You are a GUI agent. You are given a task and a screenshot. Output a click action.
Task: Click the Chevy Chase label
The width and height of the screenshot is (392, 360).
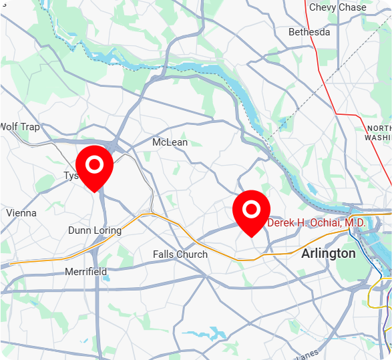point(337,7)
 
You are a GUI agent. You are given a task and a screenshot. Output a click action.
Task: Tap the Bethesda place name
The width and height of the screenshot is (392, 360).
point(309,32)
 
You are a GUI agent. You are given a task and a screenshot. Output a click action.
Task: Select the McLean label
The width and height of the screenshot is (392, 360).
point(170,142)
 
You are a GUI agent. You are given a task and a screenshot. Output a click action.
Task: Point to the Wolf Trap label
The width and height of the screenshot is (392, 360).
point(20,127)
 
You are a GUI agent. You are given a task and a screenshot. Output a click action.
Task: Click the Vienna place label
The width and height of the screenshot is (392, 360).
point(21,213)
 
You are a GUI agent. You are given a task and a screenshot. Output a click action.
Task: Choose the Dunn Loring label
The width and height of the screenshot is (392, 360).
point(95,230)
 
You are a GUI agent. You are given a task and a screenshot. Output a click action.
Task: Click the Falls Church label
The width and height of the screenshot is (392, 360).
point(180,254)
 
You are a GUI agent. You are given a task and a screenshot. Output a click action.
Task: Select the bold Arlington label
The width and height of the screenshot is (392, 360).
point(329,254)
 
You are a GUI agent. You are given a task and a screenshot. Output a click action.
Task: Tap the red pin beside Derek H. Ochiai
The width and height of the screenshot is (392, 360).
point(251,212)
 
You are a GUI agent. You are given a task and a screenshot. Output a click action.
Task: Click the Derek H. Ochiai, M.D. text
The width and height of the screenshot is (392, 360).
point(316,222)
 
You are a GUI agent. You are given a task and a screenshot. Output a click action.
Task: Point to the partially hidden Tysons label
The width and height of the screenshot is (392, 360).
point(70,176)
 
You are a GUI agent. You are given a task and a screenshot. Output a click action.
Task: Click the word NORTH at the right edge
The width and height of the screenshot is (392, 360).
point(379,128)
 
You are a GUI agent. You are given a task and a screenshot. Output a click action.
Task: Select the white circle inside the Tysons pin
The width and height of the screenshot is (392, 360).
point(95,164)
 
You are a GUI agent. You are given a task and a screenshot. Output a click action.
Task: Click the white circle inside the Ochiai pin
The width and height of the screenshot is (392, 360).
point(251,210)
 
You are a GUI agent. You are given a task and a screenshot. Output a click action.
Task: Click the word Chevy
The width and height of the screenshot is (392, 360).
point(323,7)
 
